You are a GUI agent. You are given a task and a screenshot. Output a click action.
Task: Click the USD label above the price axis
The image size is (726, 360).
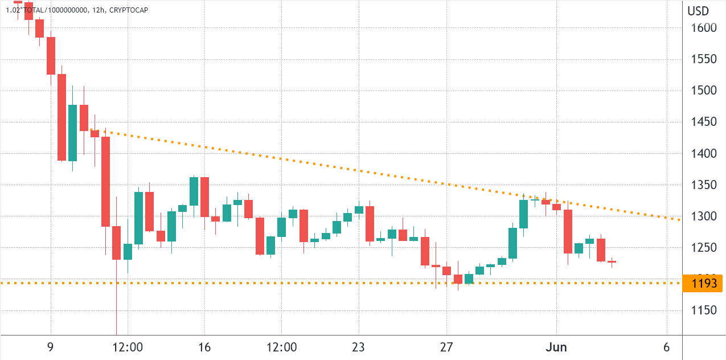(x=698, y=11)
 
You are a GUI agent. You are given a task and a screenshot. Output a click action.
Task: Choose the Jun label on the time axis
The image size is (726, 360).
(x=556, y=347)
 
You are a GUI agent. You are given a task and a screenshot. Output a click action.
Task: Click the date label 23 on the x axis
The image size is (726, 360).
(x=359, y=347)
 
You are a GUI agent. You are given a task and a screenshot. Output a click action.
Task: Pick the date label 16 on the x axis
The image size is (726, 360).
(x=204, y=347)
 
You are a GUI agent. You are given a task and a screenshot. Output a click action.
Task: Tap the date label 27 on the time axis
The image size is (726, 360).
(x=446, y=347)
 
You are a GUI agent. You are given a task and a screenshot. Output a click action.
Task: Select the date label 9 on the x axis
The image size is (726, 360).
(x=51, y=347)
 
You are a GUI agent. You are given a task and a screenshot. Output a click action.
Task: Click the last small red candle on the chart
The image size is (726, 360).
(x=612, y=262)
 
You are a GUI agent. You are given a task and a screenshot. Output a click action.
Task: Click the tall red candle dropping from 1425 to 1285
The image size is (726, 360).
(x=105, y=181)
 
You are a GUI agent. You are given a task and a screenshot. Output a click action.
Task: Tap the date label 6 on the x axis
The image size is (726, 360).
(x=666, y=347)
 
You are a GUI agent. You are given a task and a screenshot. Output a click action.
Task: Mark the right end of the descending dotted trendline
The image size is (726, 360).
(x=679, y=219)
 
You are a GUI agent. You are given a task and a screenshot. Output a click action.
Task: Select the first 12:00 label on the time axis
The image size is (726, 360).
(x=128, y=347)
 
